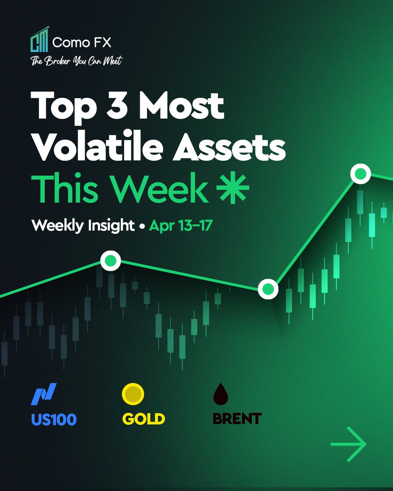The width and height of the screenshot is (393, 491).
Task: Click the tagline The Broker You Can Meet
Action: pyautogui.click(x=76, y=61)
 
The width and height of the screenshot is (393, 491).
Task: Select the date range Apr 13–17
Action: pyautogui.click(x=180, y=225)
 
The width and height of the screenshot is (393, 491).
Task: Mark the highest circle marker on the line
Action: pyautogui.click(x=360, y=174)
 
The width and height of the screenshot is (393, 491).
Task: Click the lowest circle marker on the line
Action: pyautogui.click(x=268, y=289)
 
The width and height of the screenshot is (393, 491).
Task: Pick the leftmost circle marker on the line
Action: pyautogui.click(x=111, y=261)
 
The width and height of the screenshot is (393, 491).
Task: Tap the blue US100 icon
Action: pyautogui.click(x=44, y=393)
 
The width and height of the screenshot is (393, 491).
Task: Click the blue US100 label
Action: pyautogui.click(x=54, y=419)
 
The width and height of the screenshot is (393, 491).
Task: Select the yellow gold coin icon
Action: pyautogui.click(x=133, y=394)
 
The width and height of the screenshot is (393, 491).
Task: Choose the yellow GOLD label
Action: pyautogui.click(x=143, y=419)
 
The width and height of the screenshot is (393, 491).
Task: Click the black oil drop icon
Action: pyautogui.click(x=221, y=394)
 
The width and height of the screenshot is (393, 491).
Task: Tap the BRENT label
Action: pyautogui.click(x=237, y=419)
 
